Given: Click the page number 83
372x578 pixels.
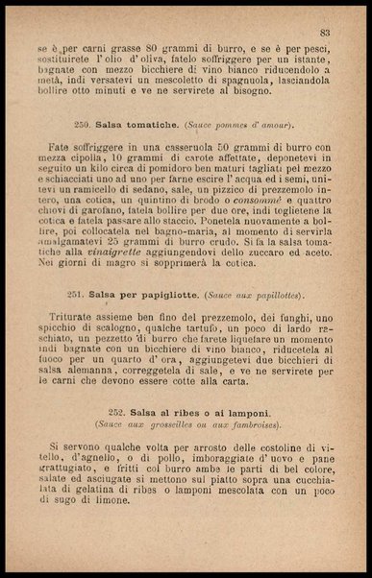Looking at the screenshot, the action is (x=325, y=33).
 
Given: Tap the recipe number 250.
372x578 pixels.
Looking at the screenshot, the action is (x=110, y=124).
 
